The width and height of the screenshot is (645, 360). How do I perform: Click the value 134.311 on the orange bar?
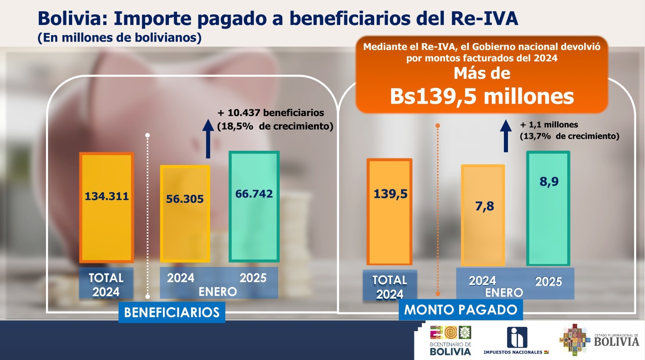tap(106, 196)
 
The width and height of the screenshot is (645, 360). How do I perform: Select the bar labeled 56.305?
tap(185, 214)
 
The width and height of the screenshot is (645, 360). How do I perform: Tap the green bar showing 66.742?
tap(254, 206)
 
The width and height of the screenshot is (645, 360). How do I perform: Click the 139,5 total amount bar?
tap(389, 212)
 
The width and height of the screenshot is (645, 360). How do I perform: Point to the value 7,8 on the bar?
tap(484, 206)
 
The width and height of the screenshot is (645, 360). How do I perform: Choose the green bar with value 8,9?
tap(548, 208)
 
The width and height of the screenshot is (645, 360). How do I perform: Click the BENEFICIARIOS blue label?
tap(172, 312)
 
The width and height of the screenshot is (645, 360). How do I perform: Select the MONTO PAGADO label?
tap(460, 310)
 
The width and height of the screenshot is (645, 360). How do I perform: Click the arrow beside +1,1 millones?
tap(506, 136)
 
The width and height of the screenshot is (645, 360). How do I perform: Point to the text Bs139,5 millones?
tap(482, 96)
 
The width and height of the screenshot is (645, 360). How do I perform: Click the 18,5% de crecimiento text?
tap(275, 126)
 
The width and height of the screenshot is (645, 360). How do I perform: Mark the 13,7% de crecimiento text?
tap(569, 136)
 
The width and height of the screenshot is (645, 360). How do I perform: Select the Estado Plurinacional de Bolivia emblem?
tap(574, 340)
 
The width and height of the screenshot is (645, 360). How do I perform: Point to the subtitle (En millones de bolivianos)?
tap(119, 37)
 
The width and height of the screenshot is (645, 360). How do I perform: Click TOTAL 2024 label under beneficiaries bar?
tap(106, 285)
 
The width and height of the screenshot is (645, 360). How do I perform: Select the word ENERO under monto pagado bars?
tap(504, 293)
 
